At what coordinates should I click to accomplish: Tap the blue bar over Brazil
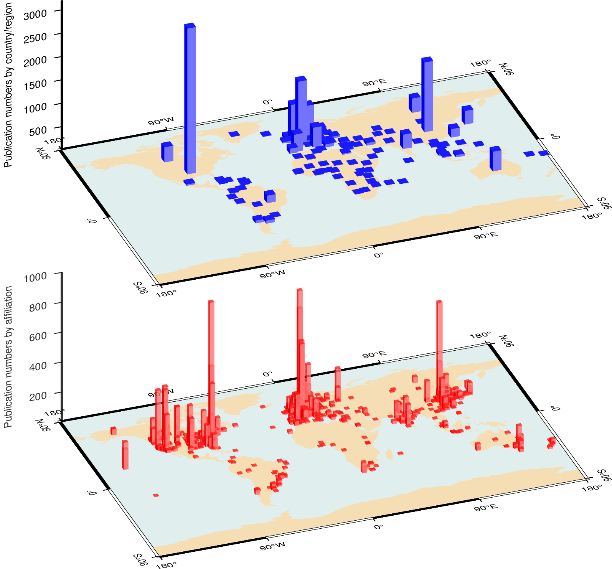pos(270,196)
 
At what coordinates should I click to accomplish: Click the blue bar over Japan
pos(467,115)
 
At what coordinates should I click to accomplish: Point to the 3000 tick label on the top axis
pos(35,15)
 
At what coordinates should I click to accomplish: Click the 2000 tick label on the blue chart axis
pos(35,61)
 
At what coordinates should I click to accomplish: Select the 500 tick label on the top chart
pos(38,131)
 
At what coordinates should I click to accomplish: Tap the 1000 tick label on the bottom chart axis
pos(35,277)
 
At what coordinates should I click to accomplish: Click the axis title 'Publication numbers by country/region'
pos(8,84)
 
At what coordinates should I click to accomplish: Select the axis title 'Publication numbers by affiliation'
pos(8,357)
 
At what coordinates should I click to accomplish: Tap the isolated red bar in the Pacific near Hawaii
pos(125,455)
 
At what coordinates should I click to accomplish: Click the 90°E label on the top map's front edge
pos(486,235)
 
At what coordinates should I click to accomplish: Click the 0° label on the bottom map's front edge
pos(379,527)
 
